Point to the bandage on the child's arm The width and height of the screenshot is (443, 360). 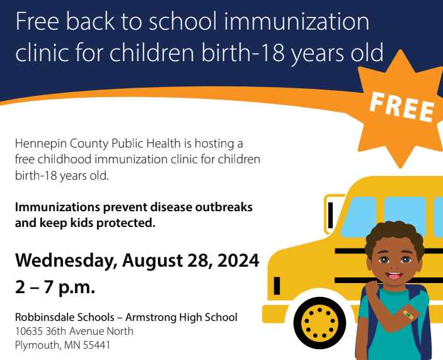(409, 313)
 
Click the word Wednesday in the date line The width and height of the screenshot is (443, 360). (67, 260)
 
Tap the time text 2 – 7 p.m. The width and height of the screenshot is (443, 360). (55, 287)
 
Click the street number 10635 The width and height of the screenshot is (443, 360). (29, 331)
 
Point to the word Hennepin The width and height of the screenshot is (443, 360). (38, 144)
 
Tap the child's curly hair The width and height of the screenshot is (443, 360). (394, 233)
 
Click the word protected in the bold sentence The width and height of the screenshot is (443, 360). (124, 223)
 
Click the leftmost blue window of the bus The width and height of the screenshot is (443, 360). (360, 214)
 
